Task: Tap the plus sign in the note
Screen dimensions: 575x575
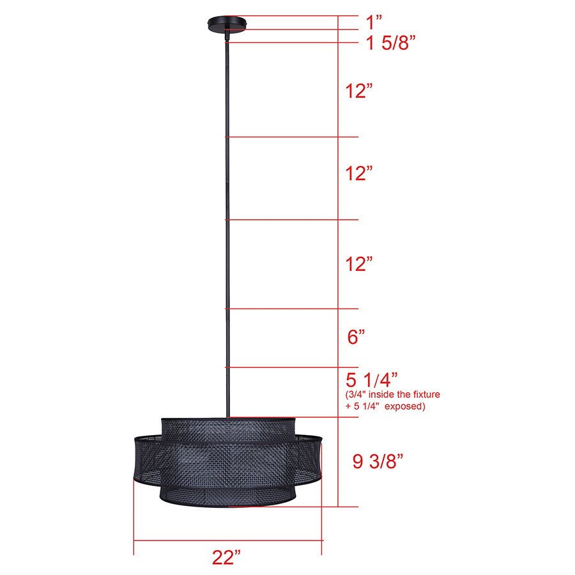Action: click(348, 406)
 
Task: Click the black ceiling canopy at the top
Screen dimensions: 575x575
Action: click(226, 24)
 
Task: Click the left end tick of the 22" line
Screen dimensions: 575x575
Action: click(134, 540)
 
